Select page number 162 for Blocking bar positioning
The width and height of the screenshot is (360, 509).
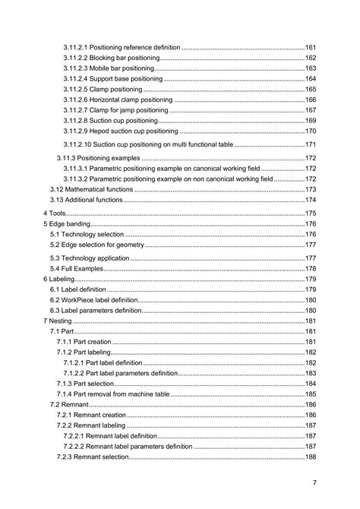(x=310, y=58)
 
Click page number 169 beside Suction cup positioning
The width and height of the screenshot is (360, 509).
(x=310, y=121)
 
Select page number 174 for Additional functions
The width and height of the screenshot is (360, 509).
(x=310, y=200)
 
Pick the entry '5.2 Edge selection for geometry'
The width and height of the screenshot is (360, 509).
(x=96, y=245)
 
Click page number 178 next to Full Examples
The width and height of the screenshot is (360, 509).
(x=310, y=269)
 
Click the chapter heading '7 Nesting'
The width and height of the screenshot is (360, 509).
(x=58, y=321)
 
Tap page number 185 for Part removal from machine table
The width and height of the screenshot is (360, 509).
(x=310, y=394)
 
